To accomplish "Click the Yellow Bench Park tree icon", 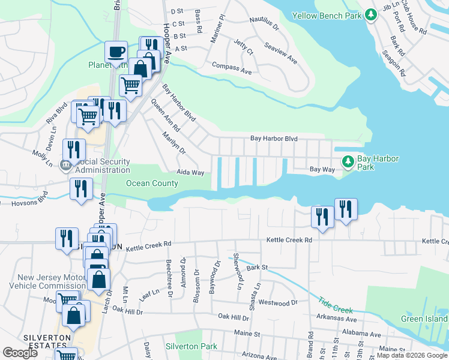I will pos(371,15).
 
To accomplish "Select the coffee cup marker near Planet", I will pos(115,51).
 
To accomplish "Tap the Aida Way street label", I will pos(190,173).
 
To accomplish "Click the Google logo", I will pos(20,353).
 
